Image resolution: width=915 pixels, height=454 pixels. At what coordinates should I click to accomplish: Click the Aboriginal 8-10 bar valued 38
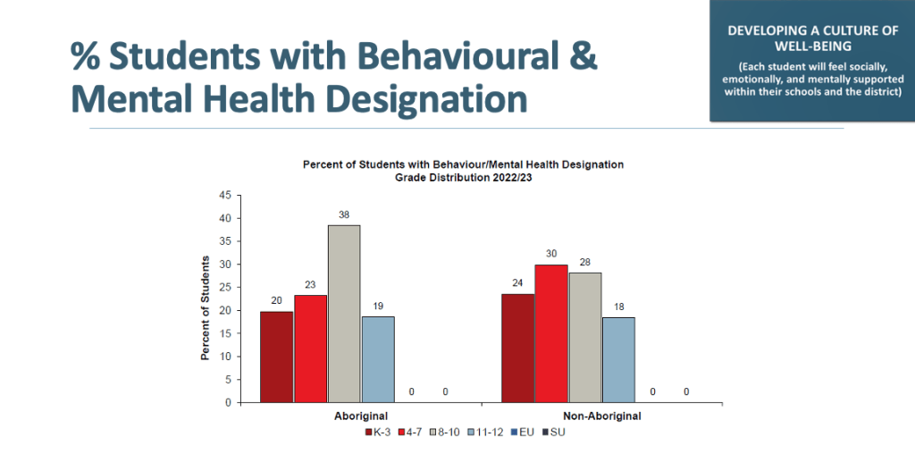tap(344, 314)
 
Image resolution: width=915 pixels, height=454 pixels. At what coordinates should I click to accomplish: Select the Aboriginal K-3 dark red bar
tap(276, 357)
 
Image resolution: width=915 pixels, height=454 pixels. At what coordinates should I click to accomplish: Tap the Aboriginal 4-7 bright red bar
tap(310, 349)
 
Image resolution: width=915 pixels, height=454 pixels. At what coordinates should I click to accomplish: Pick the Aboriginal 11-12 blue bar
tap(378, 359)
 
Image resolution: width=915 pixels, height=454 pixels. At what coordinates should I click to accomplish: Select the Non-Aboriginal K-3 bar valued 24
tap(517, 348)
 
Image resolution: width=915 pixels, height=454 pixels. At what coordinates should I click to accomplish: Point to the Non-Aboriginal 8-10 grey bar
tap(585, 337)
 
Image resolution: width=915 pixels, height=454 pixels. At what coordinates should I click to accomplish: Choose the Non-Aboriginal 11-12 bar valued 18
tap(618, 359)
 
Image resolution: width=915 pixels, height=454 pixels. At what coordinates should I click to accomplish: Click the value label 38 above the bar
tap(344, 214)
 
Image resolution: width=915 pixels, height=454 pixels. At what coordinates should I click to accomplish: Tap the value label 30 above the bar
tap(551, 255)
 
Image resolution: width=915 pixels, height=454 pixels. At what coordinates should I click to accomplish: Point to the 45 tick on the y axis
tap(225, 195)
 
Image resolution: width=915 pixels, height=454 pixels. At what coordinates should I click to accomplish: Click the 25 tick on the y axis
tap(225, 287)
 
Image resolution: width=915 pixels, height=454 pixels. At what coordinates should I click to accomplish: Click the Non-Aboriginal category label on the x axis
tap(602, 416)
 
